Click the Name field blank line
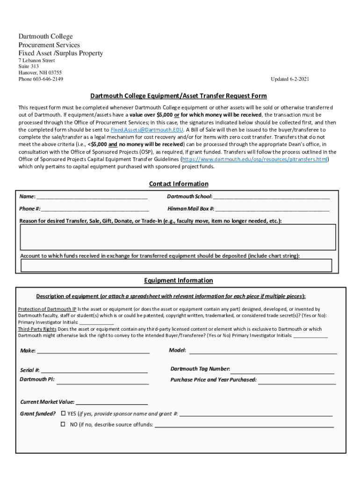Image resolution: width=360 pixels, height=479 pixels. point(92,197)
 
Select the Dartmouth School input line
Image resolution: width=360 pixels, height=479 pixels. point(271,197)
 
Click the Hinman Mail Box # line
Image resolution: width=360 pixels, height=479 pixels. point(273,209)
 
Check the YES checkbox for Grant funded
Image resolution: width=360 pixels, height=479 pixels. point(63,414)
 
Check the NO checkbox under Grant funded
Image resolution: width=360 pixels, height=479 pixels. point(63,424)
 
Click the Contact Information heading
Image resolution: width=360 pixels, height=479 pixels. point(179,184)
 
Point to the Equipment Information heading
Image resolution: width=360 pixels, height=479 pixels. point(179,281)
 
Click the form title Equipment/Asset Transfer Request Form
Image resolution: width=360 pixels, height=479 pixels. point(179,96)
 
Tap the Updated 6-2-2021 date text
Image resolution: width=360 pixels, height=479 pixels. point(290,80)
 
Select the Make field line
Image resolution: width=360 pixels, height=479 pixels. point(93,351)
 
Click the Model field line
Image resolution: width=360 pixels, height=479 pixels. point(263,351)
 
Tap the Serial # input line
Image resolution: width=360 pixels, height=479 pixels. point(94,370)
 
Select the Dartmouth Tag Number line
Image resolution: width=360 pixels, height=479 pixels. point(283,370)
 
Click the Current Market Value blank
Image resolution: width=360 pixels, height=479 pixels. point(112,402)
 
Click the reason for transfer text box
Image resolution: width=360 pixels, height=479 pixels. point(178,237)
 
